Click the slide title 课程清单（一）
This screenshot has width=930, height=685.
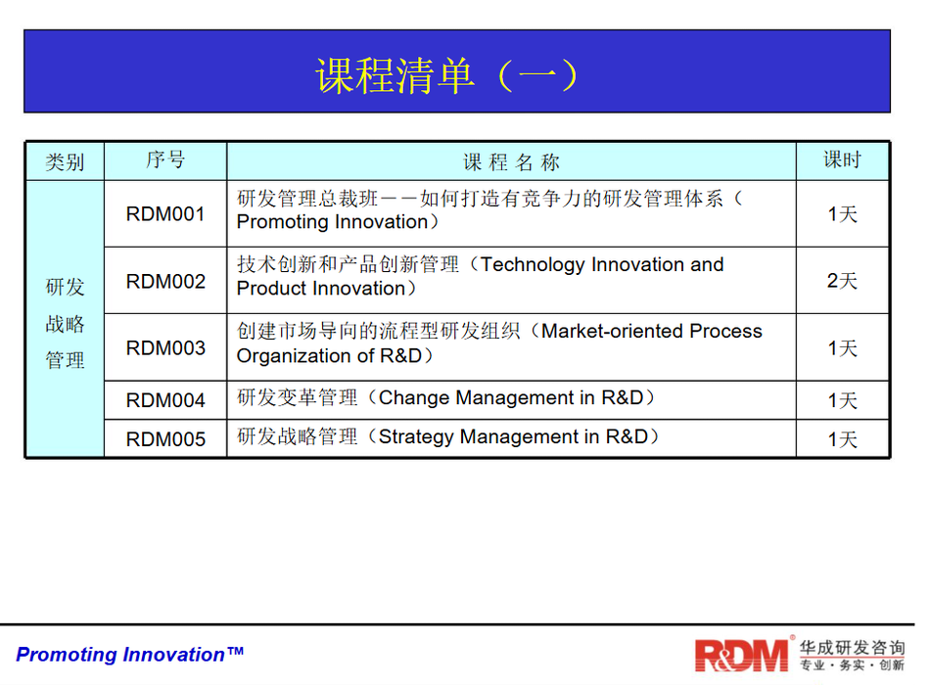click(446, 75)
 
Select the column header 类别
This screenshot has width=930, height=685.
click(66, 161)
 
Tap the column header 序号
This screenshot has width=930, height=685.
click(165, 160)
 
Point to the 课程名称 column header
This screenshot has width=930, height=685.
click(511, 161)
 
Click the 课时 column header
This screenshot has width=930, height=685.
click(842, 160)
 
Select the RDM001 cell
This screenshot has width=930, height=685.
click(165, 214)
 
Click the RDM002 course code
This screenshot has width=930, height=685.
click(165, 281)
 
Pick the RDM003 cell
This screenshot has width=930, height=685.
click(165, 347)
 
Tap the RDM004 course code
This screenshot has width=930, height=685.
click(165, 400)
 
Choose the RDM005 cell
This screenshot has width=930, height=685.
click(165, 439)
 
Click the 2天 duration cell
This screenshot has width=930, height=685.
click(842, 281)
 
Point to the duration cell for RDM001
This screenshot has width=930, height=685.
click(842, 214)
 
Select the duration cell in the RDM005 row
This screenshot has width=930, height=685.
click(842, 439)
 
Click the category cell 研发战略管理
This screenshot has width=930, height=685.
click(66, 324)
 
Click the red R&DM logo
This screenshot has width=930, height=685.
click(742, 655)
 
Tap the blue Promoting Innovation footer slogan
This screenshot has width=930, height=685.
click(129, 654)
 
